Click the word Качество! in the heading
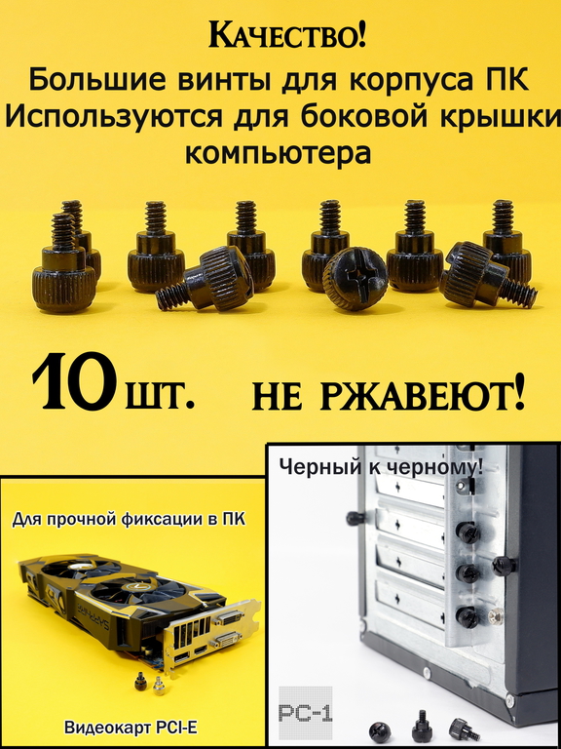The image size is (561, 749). [x=288, y=36]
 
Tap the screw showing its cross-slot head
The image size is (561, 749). [x=355, y=279]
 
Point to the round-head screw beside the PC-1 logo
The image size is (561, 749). [x=380, y=729]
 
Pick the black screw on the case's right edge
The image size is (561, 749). [x=504, y=565]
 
